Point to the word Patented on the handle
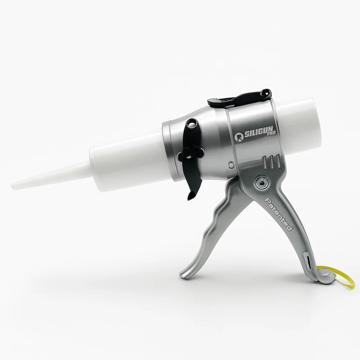(279, 214)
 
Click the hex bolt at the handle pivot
(261, 180)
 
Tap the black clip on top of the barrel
(239, 98)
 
